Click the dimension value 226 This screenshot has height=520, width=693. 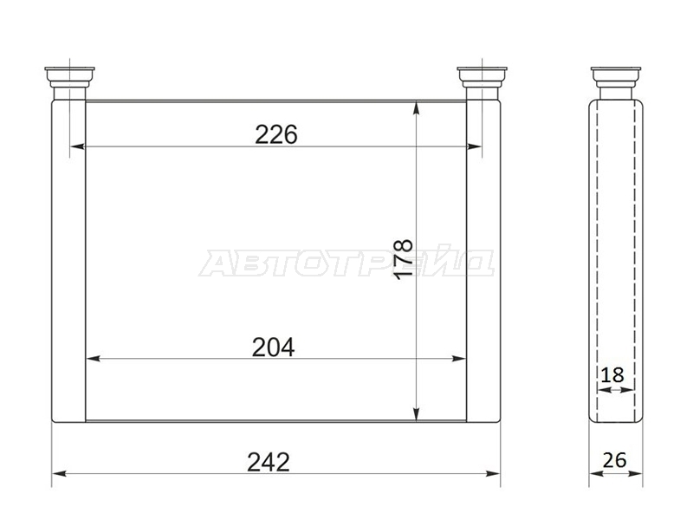pyautogui.click(x=276, y=134)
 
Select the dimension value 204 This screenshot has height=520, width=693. pyautogui.click(x=273, y=348)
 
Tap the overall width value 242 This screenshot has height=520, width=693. pyautogui.click(x=269, y=462)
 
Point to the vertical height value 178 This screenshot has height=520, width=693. pyautogui.click(x=404, y=259)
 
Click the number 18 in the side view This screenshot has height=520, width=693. pyautogui.click(x=612, y=375)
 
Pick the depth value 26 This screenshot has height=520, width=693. pyautogui.click(x=614, y=460)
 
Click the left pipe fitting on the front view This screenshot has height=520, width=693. pyautogui.click(x=70, y=83)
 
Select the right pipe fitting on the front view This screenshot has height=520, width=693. pyautogui.click(x=483, y=83)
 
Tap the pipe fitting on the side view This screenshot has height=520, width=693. pyautogui.click(x=616, y=83)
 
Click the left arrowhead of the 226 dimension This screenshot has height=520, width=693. pyautogui.click(x=77, y=146)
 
